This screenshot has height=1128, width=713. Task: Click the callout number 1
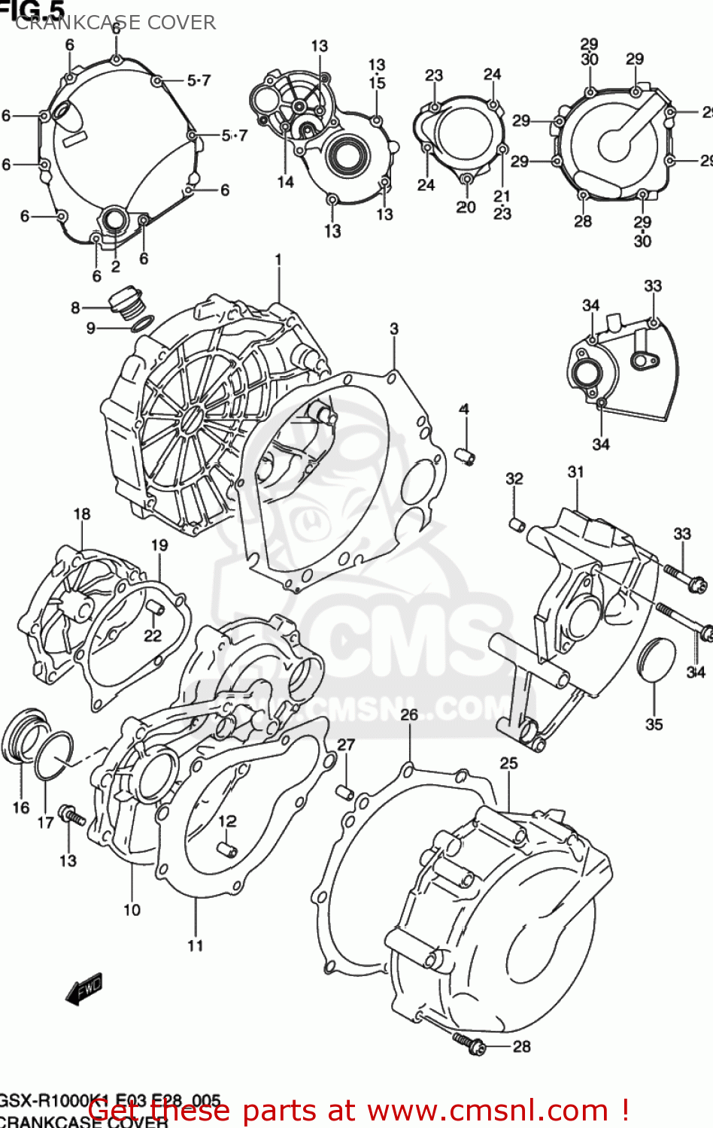(278, 260)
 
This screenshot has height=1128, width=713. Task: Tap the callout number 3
(394, 329)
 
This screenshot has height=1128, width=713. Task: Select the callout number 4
(464, 409)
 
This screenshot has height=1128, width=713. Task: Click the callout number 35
(654, 724)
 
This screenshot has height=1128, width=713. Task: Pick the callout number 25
(509, 763)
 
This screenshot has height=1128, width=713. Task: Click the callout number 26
(409, 714)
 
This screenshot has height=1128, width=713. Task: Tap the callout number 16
(21, 808)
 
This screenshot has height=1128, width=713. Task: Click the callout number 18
(82, 514)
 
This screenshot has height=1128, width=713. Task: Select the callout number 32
(514, 479)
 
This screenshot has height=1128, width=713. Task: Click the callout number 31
(576, 472)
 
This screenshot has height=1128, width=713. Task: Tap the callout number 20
(466, 207)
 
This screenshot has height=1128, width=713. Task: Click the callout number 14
(285, 182)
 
